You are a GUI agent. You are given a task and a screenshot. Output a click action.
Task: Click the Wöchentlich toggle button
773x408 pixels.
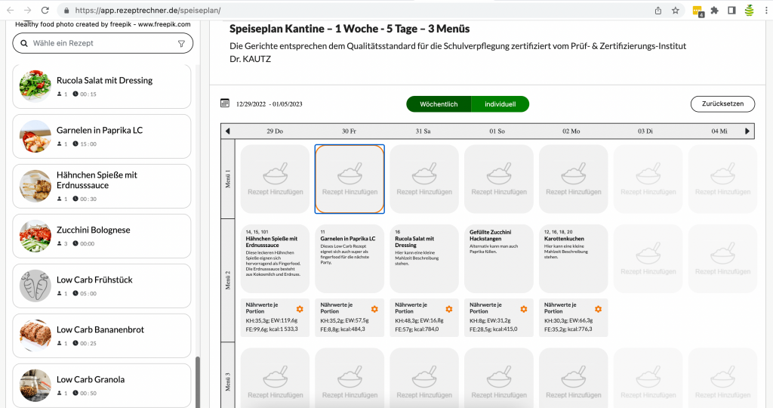click(x=439, y=104)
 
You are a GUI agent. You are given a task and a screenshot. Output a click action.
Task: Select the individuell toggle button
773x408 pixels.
click(x=500, y=104)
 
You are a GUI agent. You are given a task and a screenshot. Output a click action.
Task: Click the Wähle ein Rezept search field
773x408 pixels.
click(x=98, y=44)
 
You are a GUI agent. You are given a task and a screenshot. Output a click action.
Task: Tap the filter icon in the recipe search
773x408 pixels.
click(x=181, y=44)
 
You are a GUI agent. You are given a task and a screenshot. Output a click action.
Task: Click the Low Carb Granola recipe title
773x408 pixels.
click(x=91, y=379)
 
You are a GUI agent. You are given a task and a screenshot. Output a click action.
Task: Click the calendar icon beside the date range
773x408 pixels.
click(x=225, y=104)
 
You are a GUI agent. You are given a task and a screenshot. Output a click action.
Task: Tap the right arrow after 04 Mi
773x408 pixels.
click(x=747, y=131)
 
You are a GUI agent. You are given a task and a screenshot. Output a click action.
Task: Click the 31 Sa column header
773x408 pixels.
click(x=423, y=131)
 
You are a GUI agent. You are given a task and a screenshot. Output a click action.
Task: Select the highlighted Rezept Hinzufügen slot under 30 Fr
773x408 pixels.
click(x=349, y=180)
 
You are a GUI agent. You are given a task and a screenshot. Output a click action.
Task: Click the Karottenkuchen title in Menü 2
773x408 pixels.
click(x=564, y=239)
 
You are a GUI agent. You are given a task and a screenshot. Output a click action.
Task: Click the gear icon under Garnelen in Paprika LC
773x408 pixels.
click(x=374, y=309)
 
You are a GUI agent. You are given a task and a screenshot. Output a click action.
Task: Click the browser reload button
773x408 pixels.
click(x=45, y=11)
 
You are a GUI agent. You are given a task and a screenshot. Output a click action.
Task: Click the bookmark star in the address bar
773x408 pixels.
click(x=676, y=11)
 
